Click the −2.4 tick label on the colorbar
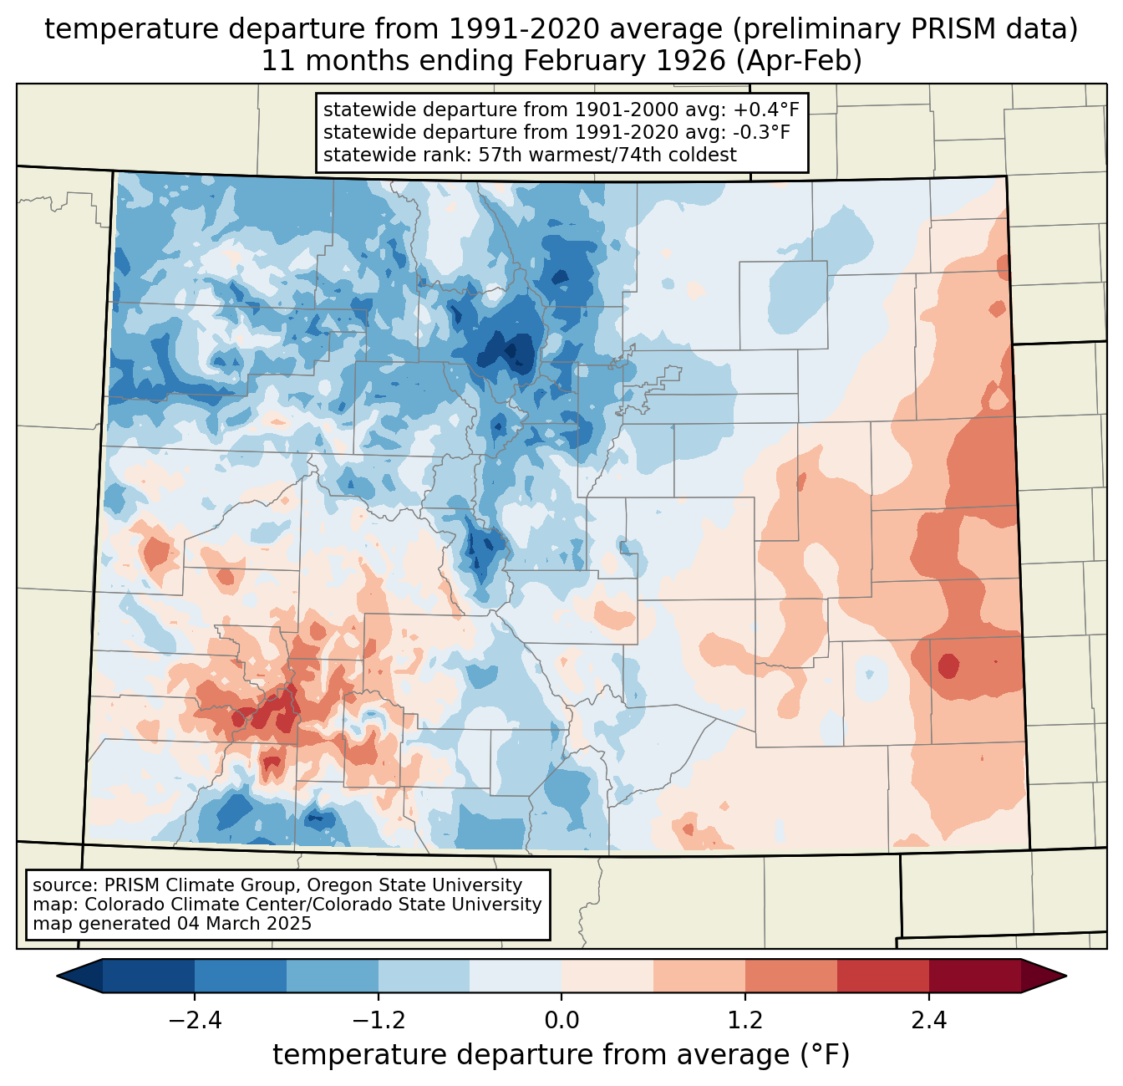[x=195, y=1021]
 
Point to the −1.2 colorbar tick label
[x=378, y=1021]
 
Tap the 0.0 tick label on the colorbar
[x=561, y=1021]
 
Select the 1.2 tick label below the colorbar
[x=745, y=1021]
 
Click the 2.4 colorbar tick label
[x=929, y=1021]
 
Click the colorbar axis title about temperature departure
[x=561, y=1055]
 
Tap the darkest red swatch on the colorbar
[x=974, y=976]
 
